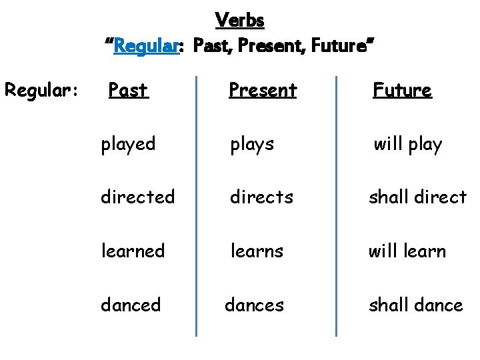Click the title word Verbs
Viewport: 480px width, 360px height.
(x=240, y=21)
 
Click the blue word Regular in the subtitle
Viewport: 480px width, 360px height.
(x=147, y=47)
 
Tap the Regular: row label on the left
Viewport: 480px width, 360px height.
(x=42, y=89)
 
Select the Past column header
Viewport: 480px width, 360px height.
(x=128, y=90)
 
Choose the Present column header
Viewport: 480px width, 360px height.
(x=262, y=90)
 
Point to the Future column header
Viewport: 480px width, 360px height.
(x=402, y=90)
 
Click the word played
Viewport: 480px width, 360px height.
(x=128, y=144)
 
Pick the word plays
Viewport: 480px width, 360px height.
(x=252, y=144)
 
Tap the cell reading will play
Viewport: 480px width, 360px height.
(x=407, y=144)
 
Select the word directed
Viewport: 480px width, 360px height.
(x=137, y=197)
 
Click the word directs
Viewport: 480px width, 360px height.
(x=261, y=197)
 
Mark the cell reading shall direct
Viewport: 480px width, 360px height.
(x=418, y=197)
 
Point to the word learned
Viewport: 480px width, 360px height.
(x=133, y=251)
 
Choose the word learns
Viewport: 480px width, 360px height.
(x=257, y=251)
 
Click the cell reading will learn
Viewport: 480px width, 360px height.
(x=407, y=251)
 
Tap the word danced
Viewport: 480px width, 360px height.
(x=131, y=305)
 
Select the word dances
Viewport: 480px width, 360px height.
(x=254, y=305)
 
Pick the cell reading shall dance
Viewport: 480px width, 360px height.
(x=416, y=305)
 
